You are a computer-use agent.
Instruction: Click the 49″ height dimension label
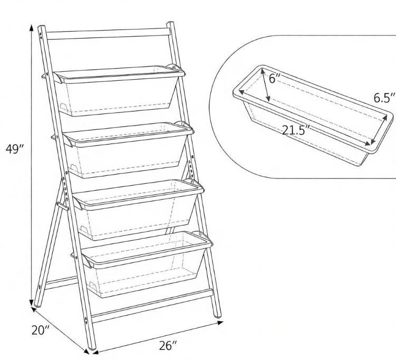pos(15,149)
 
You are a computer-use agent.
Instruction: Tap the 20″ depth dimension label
pos(40,330)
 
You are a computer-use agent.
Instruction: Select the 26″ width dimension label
pos(168,345)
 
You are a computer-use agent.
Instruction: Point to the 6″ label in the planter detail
pos(275,78)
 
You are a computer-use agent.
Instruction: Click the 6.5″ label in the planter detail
pos(384,98)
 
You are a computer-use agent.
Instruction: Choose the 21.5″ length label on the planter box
pos(295,130)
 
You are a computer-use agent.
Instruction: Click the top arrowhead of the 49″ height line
pos(31,27)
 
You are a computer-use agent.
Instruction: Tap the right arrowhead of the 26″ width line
pos(220,323)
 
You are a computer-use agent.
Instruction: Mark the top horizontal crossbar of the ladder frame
pos(109,34)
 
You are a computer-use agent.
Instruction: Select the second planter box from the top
pos(128,149)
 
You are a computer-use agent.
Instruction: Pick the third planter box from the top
pos(138,209)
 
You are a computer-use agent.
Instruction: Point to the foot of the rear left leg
pos(37,305)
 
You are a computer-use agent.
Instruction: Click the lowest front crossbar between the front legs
pos(152,306)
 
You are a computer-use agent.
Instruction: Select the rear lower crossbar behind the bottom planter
pos(61,283)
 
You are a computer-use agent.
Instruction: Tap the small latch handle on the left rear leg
pos(63,206)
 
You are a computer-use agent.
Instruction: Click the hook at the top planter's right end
pos(175,68)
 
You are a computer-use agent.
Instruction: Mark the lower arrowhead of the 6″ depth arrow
pos(268,99)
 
